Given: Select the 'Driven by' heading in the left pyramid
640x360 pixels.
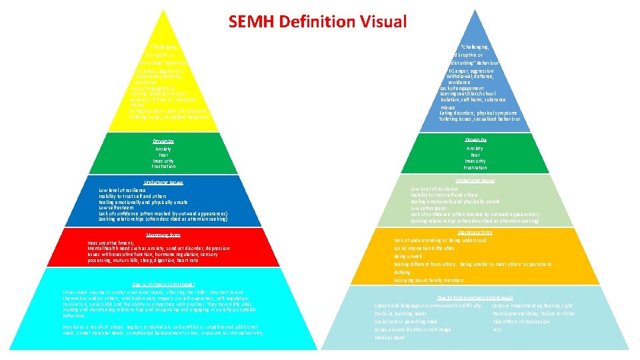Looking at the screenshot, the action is tap(163, 141).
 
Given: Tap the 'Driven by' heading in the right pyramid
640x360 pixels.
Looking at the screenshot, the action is tap(475, 140).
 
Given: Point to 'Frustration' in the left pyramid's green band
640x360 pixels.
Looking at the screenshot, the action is tap(163, 167).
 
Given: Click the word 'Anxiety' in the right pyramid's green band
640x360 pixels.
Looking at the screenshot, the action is tap(475, 149).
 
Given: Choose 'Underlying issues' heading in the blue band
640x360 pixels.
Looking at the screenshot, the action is tap(163, 182).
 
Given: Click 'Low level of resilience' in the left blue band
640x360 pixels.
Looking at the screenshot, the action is tap(127, 190).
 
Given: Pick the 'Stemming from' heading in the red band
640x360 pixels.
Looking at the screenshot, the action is tap(163, 235).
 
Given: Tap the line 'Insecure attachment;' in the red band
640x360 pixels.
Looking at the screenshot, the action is tap(111, 243).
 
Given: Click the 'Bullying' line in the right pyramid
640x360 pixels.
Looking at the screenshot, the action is tap(403, 272).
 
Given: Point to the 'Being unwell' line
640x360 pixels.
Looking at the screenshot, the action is tap(409, 256).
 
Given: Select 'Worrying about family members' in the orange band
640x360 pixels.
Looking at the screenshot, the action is tap(429, 280).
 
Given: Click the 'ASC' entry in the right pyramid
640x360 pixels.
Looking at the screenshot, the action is tap(497, 329).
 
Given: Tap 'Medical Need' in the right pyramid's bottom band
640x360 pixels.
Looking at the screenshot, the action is tap(390, 337).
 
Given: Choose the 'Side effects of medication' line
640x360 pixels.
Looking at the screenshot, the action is tap(521, 321).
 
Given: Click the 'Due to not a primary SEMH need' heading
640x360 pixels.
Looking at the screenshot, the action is tap(475, 297).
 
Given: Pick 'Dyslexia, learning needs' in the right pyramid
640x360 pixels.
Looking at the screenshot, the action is tap(401, 313).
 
